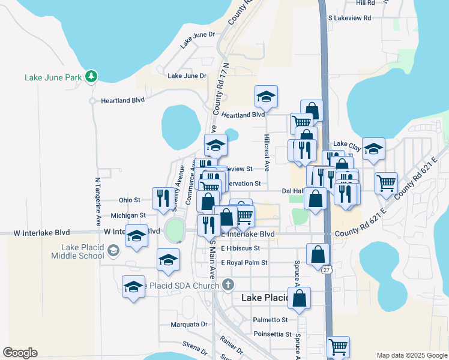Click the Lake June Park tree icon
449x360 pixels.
click(x=91, y=76)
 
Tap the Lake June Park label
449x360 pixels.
click(x=53, y=77)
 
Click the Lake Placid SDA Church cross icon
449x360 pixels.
click(x=228, y=284)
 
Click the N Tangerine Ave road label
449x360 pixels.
click(x=98, y=202)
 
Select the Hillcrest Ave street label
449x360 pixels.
click(x=267, y=152)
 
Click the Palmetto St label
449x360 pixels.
click(x=271, y=320)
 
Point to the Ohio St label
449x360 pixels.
click(x=130, y=200)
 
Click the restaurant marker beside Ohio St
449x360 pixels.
click(x=162, y=198)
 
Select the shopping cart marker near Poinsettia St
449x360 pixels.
click(x=338, y=346)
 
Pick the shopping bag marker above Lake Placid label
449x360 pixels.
click(x=299, y=297)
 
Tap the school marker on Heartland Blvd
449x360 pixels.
click(x=265, y=96)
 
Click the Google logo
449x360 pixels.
click(x=20, y=352)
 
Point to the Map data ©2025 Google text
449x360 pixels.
click(x=411, y=355)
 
